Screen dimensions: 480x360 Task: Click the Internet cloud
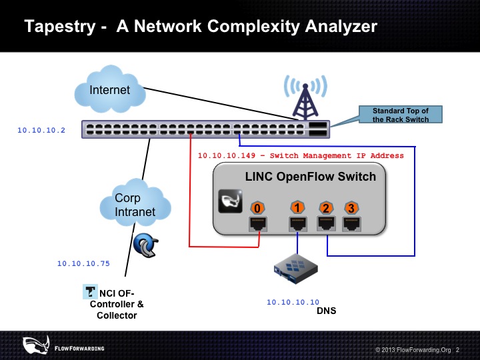[x=110, y=89]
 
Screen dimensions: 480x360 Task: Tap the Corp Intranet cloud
[x=135, y=203]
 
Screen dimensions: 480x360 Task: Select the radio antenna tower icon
[x=305, y=97]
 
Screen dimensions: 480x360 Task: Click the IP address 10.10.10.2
[x=41, y=130]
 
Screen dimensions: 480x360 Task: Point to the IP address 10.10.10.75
[x=83, y=263]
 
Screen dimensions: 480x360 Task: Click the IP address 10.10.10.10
[x=293, y=302]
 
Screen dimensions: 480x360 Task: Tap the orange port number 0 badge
[x=257, y=208]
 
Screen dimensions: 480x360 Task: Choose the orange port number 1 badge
[x=297, y=207]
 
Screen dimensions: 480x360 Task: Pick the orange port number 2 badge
[x=326, y=208]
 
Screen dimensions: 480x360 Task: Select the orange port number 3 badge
[x=351, y=208]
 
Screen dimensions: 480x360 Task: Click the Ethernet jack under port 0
[x=258, y=223]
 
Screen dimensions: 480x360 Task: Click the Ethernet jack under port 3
[x=351, y=223]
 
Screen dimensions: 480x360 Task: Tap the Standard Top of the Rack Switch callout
[x=401, y=115]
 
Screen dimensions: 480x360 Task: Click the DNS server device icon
[x=296, y=269]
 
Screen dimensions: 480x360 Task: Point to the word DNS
[x=326, y=311]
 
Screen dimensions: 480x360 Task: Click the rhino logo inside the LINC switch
[x=230, y=201]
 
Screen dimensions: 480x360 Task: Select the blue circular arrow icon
[x=146, y=245]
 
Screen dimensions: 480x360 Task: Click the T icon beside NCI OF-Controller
[x=90, y=292]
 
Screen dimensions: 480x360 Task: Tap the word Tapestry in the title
[x=60, y=26]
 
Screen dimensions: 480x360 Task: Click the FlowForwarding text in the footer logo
[x=79, y=349]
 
